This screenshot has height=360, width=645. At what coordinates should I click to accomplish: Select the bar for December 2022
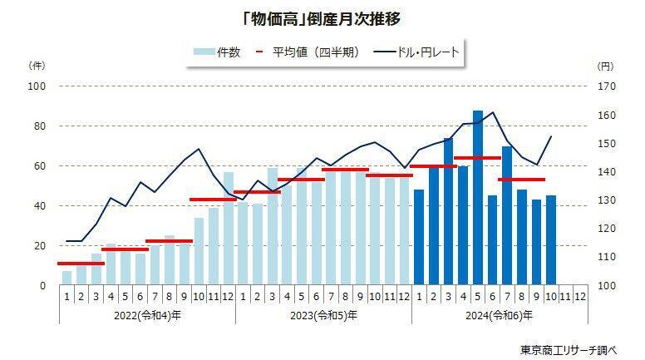point(229,229)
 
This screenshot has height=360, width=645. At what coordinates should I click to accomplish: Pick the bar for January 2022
point(66,278)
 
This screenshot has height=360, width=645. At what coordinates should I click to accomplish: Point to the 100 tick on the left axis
point(38,86)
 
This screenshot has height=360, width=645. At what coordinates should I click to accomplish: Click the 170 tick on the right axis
point(606,86)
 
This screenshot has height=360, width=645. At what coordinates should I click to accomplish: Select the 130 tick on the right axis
point(606,200)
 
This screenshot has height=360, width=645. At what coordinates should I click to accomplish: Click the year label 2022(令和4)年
point(146,315)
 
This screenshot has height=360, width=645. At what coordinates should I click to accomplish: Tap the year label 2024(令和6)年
point(500,315)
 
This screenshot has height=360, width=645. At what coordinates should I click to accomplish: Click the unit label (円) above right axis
point(605,65)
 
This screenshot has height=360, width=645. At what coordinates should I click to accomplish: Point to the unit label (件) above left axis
point(37,65)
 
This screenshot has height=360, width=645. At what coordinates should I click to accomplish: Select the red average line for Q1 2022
point(81,263)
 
